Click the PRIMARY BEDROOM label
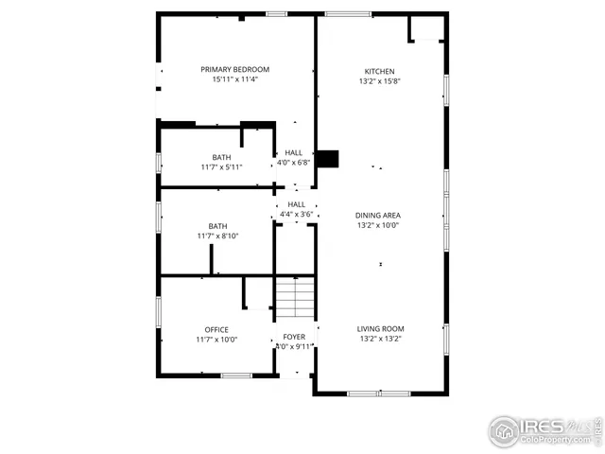point(234,69)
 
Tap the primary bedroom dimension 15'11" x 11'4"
point(234,79)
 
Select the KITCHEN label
point(380,71)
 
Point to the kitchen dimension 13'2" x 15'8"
point(380,81)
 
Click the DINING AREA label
point(378,216)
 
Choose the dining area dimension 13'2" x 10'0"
point(378,226)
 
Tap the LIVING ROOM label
point(380,329)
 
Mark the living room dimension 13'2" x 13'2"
point(380,340)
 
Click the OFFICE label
point(216,329)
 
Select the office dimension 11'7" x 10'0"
point(216,340)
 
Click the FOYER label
point(294,337)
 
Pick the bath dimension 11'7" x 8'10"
point(217,236)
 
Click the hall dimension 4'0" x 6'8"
point(293,162)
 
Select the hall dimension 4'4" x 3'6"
point(296,214)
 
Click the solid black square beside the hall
point(327,159)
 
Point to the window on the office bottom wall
point(236,375)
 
